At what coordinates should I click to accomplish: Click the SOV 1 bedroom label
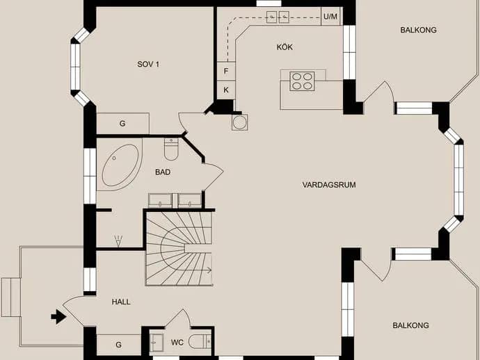click(x=148, y=64)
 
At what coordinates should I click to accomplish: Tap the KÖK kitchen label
click(x=285, y=47)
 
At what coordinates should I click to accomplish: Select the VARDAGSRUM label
click(x=329, y=185)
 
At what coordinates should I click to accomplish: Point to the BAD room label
click(x=163, y=172)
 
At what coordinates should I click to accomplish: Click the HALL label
click(x=121, y=302)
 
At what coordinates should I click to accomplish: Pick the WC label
click(x=177, y=342)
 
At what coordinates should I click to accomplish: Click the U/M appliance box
click(x=330, y=16)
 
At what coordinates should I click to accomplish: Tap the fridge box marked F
click(x=226, y=72)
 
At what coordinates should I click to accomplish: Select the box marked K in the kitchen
click(x=226, y=90)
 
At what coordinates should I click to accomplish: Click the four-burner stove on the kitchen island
click(x=302, y=81)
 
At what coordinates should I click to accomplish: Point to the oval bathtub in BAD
click(x=120, y=165)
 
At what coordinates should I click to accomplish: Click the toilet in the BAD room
click(x=171, y=149)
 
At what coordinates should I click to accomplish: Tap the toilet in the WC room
click(x=200, y=342)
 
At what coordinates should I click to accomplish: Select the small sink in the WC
click(x=157, y=343)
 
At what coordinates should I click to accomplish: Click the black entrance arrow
click(x=58, y=317)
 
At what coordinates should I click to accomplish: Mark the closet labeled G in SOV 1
click(x=122, y=124)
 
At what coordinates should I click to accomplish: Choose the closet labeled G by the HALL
click(x=119, y=345)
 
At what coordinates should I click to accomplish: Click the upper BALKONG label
click(x=418, y=30)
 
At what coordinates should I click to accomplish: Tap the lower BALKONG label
click(x=410, y=325)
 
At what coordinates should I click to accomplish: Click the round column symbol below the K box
click(x=240, y=122)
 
